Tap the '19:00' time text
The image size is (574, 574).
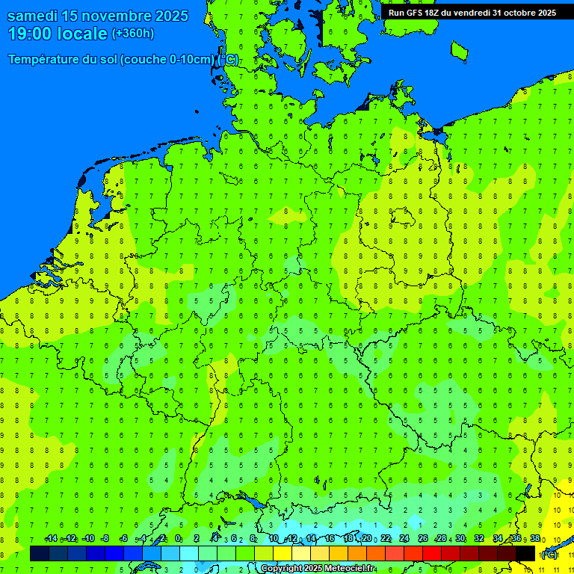[30, 34]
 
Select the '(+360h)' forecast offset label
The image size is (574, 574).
[133, 33]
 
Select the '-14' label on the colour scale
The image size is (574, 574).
[51, 539]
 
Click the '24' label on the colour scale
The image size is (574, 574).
[404, 539]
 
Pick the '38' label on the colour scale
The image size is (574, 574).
[534, 539]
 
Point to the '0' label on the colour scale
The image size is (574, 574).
[178, 539]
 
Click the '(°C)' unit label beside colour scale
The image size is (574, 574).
[549, 554]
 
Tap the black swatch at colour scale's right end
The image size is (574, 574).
[525, 553]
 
